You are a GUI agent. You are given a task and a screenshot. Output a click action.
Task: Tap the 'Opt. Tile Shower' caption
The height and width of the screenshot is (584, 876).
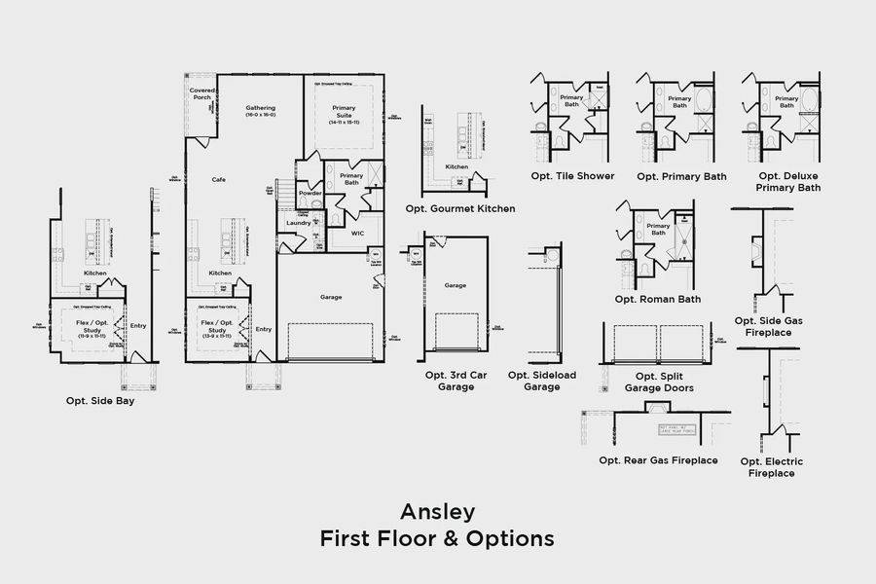pos(572,176)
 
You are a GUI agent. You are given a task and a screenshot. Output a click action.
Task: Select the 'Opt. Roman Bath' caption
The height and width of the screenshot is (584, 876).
pos(657,299)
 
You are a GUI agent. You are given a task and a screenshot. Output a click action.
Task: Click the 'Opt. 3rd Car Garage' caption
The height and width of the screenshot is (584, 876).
pos(449,381)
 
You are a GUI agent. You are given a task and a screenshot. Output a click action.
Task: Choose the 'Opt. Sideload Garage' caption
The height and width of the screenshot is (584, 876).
pos(541,381)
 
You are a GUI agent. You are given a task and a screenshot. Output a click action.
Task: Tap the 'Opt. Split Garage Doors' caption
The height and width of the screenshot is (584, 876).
pos(659,382)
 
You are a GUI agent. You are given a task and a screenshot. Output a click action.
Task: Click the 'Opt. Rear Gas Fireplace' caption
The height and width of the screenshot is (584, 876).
pos(658,459)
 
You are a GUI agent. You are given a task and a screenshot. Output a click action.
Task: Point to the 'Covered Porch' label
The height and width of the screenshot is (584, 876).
pos(201,94)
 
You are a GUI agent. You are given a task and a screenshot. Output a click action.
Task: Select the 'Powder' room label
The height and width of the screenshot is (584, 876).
pos(310,193)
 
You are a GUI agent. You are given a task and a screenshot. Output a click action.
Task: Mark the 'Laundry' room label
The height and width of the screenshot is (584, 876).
pos(298,223)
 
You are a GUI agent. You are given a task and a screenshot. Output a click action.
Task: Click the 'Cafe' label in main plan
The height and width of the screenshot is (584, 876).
pos(219,180)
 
